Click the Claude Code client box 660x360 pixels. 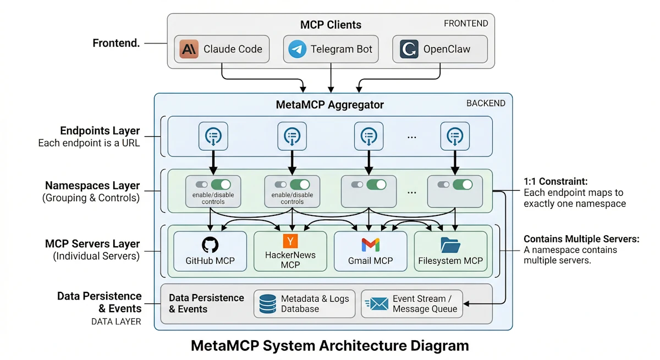pyautogui.click(x=222, y=49)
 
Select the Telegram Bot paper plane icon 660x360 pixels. pyautogui.click(x=298, y=49)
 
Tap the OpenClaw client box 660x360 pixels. pyautogui.click(x=440, y=49)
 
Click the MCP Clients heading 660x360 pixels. pyautogui.click(x=331, y=25)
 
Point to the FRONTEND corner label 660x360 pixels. pyautogui.click(x=466, y=23)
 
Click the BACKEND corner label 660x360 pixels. pyautogui.click(x=486, y=103)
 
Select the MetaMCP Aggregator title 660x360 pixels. pyautogui.click(x=331, y=104)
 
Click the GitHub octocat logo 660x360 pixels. pyautogui.click(x=210, y=245)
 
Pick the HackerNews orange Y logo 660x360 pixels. pyautogui.click(x=290, y=241)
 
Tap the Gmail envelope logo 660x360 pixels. pyautogui.click(x=370, y=245)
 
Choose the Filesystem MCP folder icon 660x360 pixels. pyautogui.click(x=450, y=245)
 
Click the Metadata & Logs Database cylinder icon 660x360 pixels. pyautogui.click(x=268, y=304)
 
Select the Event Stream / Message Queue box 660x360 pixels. pyautogui.click(x=411, y=304)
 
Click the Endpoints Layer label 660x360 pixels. pyautogui.click(x=100, y=131)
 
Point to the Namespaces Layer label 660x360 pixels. pyautogui.click(x=92, y=186)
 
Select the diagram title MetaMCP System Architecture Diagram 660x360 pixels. pyautogui.click(x=330, y=346)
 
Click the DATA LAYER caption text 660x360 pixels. pyautogui.click(x=116, y=322)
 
